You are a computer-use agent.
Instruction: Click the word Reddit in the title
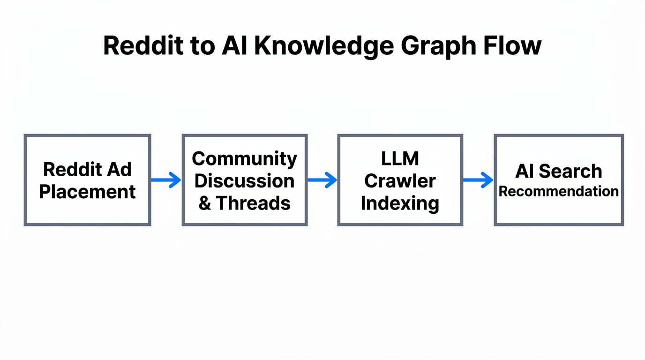click(140, 46)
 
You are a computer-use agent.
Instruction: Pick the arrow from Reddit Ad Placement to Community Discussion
click(166, 180)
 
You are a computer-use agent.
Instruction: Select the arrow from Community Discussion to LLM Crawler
click(322, 180)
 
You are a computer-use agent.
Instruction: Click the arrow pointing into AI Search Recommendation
click(478, 180)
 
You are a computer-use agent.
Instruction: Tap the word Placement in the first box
click(88, 192)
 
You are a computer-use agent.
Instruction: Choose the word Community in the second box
click(244, 158)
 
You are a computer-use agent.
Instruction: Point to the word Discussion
click(244, 181)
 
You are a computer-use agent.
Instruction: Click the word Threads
click(254, 203)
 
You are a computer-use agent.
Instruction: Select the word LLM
click(400, 158)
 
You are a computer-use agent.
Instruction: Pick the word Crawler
click(400, 181)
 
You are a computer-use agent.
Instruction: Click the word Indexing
click(400, 203)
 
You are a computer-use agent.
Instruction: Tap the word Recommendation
click(558, 191)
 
